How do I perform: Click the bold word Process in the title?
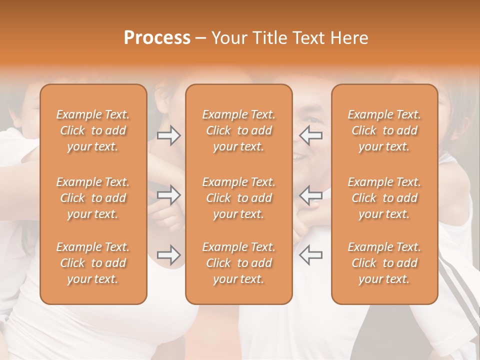[157, 38]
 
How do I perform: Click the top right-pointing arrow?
[169, 135]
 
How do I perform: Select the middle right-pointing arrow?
[169, 195]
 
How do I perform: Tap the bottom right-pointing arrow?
[169, 255]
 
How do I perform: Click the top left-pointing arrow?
[310, 135]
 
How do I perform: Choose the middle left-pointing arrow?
[310, 195]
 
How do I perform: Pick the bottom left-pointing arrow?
[310, 255]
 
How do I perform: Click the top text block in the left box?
[93, 130]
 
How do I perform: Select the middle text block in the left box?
[93, 198]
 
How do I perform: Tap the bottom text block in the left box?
[93, 263]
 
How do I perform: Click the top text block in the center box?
[238, 130]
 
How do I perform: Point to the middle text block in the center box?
[238, 198]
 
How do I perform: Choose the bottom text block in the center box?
[238, 263]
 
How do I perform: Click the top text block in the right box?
[384, 130]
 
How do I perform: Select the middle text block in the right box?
[384, 198]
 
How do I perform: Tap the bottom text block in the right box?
[384, 263]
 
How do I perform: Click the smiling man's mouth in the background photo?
[300, 156]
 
